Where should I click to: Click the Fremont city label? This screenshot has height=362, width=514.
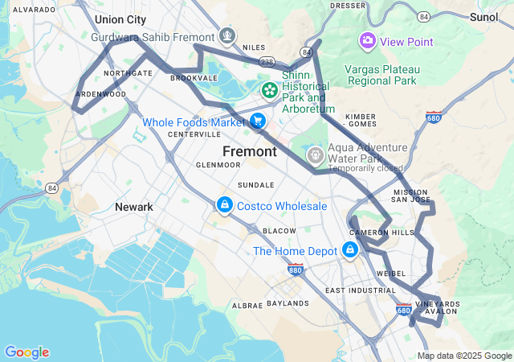249,151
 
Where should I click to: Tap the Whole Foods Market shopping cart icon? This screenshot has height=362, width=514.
257,121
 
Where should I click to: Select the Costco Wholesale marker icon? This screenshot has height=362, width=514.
225,206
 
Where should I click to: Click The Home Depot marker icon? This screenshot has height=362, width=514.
349,251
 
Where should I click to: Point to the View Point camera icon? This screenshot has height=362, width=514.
367,41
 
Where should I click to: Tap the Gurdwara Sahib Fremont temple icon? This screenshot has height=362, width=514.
228,37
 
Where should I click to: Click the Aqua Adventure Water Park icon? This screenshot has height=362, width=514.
316,153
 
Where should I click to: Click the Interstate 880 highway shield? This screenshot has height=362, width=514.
296,270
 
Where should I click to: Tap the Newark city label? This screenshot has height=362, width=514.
133,207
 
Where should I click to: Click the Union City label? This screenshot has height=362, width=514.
120,19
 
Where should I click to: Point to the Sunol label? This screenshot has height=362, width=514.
483,16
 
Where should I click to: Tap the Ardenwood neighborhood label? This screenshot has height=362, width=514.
100,94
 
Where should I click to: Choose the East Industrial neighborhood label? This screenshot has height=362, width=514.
361,290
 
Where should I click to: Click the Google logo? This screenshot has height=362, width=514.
27,352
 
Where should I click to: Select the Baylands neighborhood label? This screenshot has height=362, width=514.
287,303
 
